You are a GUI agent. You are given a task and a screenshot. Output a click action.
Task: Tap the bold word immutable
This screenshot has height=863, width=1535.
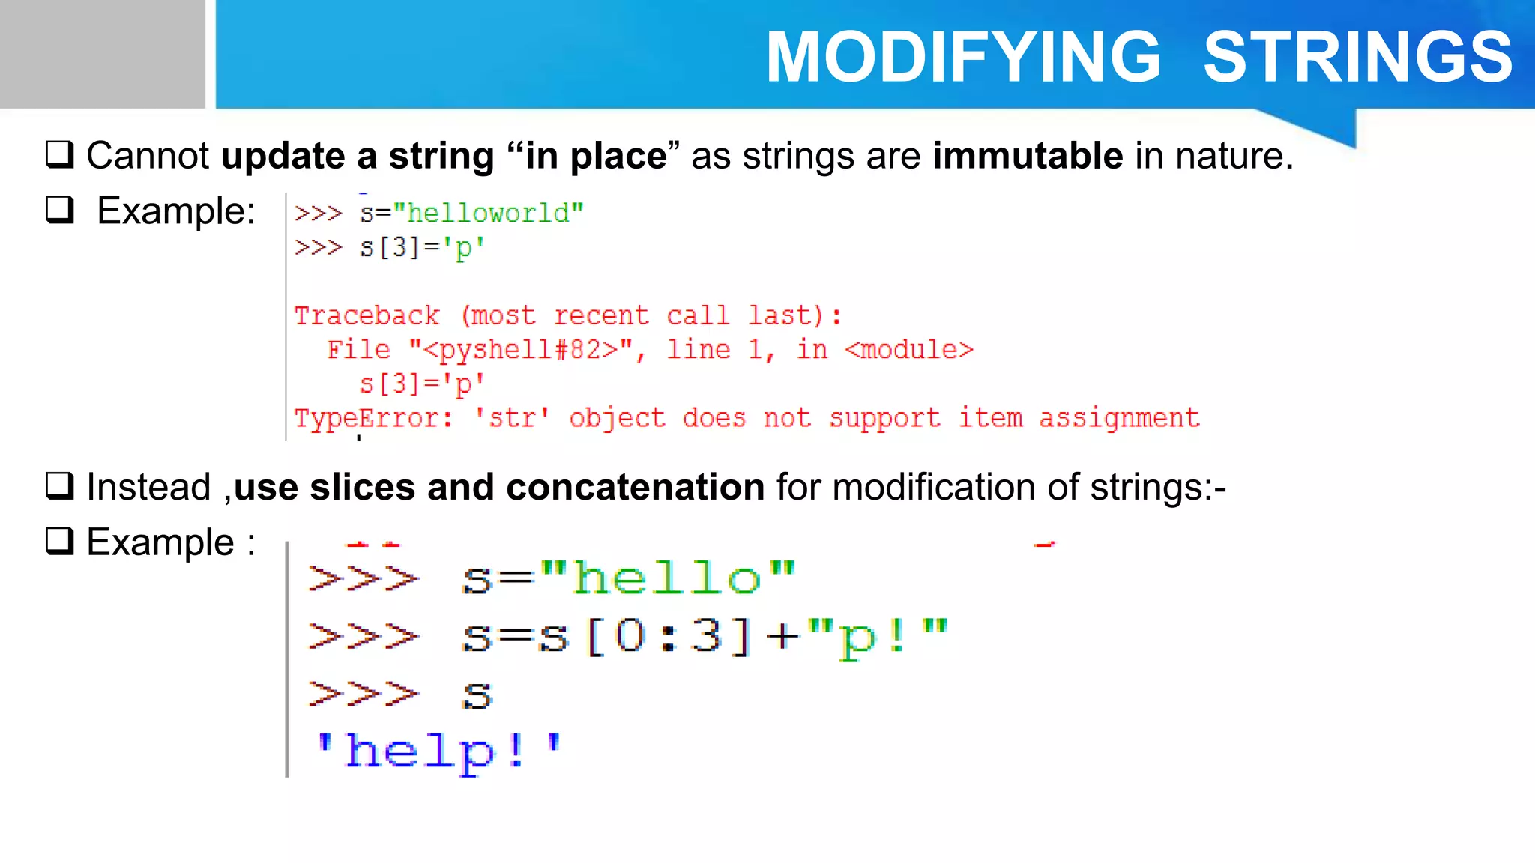pos(1027,156)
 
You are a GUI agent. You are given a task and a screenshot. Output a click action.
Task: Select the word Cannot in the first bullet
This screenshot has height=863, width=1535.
pos(148,156)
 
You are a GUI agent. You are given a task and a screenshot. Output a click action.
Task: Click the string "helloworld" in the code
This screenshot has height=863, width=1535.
pos(488,214)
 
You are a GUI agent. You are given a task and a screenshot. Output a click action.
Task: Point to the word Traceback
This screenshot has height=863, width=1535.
pos(367,315)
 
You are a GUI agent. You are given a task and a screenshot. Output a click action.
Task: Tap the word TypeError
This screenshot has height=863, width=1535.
pos(373,418)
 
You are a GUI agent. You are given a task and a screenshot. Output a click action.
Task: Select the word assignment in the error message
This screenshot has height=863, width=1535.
pos(1118,418)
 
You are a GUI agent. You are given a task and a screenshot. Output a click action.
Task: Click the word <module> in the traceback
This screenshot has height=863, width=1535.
pos(908,350)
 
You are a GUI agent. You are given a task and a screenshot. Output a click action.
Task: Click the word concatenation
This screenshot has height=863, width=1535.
pos(635,487)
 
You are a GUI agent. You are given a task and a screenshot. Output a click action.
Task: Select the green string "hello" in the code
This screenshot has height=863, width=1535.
pos(666,578)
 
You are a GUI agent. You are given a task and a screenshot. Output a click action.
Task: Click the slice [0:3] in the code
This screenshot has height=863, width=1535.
pos(668,637)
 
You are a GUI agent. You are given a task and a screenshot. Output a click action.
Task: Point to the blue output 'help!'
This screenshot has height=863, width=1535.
pos(438,751)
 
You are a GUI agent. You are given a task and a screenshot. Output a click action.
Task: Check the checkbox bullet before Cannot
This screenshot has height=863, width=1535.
pos(60,154)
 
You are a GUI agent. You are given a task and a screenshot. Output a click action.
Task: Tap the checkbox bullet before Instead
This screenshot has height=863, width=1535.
pos(60,485)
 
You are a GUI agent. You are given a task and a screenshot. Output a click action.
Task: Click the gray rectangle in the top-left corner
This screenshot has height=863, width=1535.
pos(102,54)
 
